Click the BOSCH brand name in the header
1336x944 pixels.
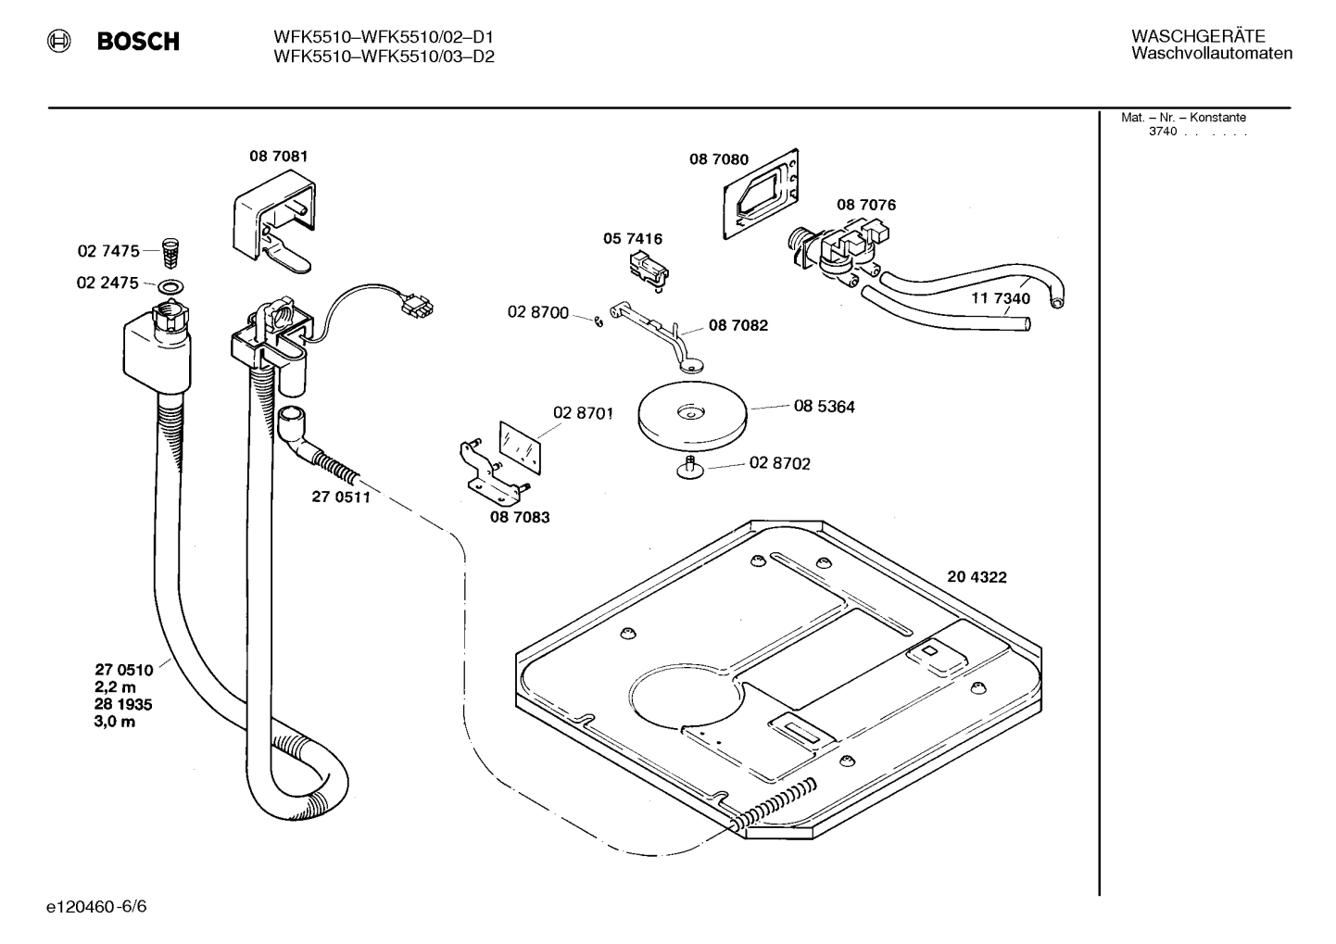click(138, 42)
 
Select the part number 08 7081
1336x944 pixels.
click(278, 157)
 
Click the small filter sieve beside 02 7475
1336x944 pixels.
click(169, 250)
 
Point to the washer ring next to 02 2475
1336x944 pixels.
click(170, 283)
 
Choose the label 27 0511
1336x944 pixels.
click(340, 497)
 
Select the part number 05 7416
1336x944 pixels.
click(633, 239)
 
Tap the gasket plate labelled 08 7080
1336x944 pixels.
click(761, 195)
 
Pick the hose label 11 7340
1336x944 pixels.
click(1000, 298)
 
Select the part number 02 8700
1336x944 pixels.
click(537, 313)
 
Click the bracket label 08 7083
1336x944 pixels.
click(520, 517)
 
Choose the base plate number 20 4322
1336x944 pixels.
click(977, 577)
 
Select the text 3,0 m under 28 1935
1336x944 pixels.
click(114, 722)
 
